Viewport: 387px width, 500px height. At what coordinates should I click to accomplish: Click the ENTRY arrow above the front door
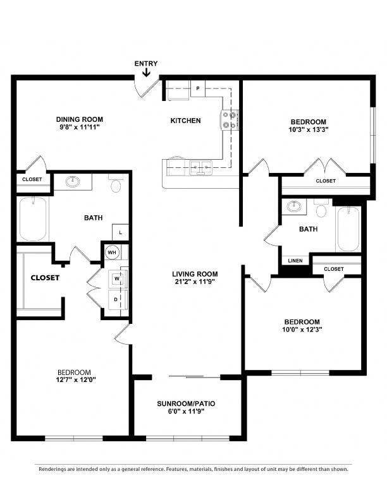point(146,73)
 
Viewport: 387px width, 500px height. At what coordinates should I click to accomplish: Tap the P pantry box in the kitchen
point(198,88)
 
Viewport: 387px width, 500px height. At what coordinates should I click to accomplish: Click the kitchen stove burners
point(230,120)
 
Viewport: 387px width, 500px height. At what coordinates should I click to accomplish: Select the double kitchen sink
point(201,167)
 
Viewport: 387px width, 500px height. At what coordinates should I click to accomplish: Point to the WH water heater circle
point(112,253)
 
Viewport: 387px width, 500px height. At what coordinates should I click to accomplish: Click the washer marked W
point(117,278)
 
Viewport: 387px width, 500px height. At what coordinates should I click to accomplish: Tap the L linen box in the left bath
point(120,232)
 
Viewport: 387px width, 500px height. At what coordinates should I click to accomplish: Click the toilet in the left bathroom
point(116,183)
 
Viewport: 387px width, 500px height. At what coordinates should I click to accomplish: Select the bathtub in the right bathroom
point(348,229)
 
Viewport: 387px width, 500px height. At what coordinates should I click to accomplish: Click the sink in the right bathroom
point(294,206)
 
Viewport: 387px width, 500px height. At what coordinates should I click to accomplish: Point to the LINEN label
point(295,261)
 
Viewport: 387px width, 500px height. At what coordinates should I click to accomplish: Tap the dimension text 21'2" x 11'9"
point(195,282)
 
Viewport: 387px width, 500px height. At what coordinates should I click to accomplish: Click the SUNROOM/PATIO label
point(186,403)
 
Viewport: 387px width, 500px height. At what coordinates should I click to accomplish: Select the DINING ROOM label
point(80,119)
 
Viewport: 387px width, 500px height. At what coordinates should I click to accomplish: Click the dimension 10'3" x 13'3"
point(309,129)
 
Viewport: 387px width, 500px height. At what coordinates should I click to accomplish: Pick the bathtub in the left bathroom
point(33,219)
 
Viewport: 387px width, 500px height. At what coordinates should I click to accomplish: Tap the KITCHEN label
point(185,121)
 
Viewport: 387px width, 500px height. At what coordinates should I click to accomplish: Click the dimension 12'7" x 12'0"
point(76,380)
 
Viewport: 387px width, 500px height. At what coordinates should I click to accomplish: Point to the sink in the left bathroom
point(73,182)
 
